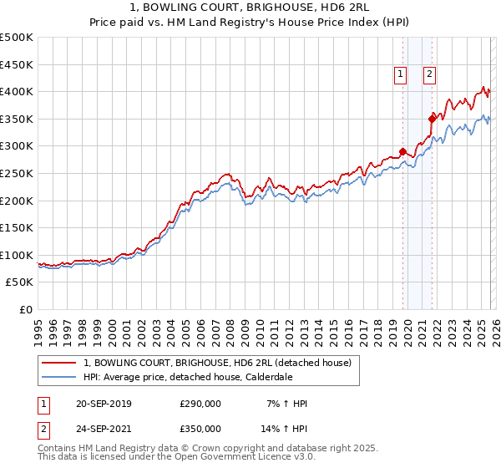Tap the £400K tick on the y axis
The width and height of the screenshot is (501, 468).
point(17,91)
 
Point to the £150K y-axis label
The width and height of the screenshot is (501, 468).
point(17,227)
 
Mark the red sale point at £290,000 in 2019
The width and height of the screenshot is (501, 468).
point(402,151)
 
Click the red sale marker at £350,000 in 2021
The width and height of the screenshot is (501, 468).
point(433,119)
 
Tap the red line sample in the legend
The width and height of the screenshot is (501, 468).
point(59,363)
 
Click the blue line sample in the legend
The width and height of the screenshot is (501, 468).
point(59,376)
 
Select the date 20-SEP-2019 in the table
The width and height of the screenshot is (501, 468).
point(103,404)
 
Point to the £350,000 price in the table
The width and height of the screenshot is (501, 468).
point(200,428)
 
